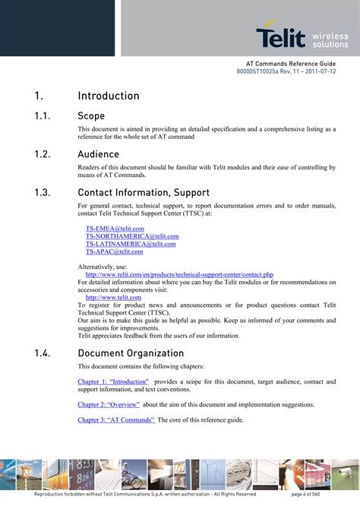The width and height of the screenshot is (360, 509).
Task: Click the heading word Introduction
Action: [x=109, y=96]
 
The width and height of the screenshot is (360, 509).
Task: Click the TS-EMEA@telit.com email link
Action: [x=115, y=228]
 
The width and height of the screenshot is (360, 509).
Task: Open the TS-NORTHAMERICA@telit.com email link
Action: [x=132, y=236]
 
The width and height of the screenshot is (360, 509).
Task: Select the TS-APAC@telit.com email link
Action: [x=114, y=251]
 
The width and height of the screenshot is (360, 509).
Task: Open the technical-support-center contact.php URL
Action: [x=179, y=274]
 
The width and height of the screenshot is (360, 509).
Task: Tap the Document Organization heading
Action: [x=131, y=353]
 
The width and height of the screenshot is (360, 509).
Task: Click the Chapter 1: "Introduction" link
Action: [x=115, y=381]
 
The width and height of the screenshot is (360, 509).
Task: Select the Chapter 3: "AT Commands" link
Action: [x=116, y=420]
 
